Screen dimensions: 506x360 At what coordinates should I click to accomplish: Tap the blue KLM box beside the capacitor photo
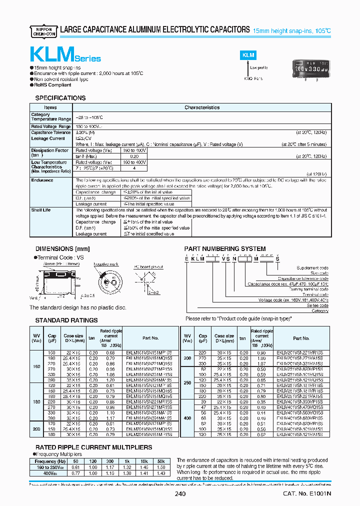click(248, 56)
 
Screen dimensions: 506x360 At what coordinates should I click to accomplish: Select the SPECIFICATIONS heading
click(60, 98)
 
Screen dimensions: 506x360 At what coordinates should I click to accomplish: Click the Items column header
click(50, 107)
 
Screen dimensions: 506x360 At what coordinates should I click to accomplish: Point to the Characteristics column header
click(202, 107)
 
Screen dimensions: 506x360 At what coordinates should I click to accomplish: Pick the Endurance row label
click(42, 180)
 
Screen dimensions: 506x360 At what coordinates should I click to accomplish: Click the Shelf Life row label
click(41, 210)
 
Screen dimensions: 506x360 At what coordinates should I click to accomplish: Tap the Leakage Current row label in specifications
click(48, 138)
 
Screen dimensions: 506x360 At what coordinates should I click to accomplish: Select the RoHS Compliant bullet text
click(52, 85)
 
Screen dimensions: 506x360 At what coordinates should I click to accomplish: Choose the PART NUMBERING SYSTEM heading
click(225, 248)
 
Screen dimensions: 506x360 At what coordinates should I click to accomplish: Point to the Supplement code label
click(312, 268)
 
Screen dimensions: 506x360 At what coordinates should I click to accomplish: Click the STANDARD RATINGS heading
click(66, 320)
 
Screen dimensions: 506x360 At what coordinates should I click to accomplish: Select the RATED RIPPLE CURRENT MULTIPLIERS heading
click(93, 447)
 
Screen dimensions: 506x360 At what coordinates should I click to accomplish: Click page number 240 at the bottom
click(180, 494)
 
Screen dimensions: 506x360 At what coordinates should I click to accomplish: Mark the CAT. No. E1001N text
click(307, 494)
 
